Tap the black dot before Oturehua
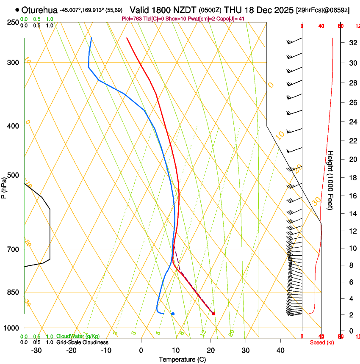click(17, 10)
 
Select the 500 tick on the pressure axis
click(14, 175)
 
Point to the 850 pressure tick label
click(14, 292)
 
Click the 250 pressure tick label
click(14, 22)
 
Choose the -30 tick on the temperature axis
click(36, 350)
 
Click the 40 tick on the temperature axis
click(280, 350)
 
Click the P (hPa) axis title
click(4, 187)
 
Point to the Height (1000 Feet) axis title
click(330, 180)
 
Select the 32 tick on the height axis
click(352, 42)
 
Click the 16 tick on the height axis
click(352, 196)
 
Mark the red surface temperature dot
click(213, 314)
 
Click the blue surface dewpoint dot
click(173, 314)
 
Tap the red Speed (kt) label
click(322, 342)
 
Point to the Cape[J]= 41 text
click(233, 19)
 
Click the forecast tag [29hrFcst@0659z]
click(323, 10)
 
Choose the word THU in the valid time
click(233, 10)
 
